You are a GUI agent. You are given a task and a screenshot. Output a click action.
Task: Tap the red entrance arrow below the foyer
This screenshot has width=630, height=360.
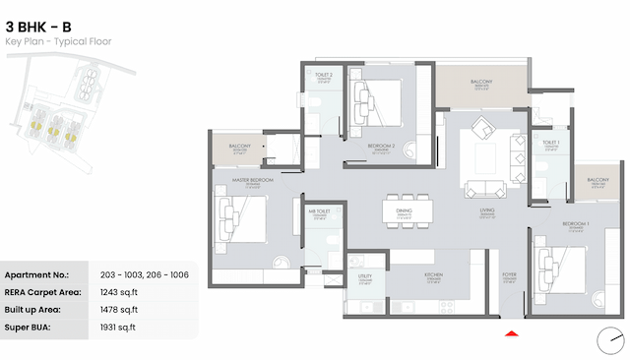pyautogui.click(x=510, y=335)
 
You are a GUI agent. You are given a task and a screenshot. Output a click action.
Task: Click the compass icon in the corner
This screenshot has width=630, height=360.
pyautogui.click(x=610, y=341)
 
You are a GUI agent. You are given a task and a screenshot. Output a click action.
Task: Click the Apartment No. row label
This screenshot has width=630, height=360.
pyautogui.click(x=36, y=273)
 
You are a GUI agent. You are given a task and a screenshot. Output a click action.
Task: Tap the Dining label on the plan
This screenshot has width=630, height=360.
pyautogui.click(x=405, y=210)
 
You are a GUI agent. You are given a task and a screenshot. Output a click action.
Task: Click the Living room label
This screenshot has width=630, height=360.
pyautogui.click(x=486, y=210)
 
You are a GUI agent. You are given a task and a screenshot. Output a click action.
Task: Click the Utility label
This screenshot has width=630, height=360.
pyautogui.click(x=364, y=278)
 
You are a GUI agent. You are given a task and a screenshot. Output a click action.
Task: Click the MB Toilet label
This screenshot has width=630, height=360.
pyautogui.click(x=318, y=211)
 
